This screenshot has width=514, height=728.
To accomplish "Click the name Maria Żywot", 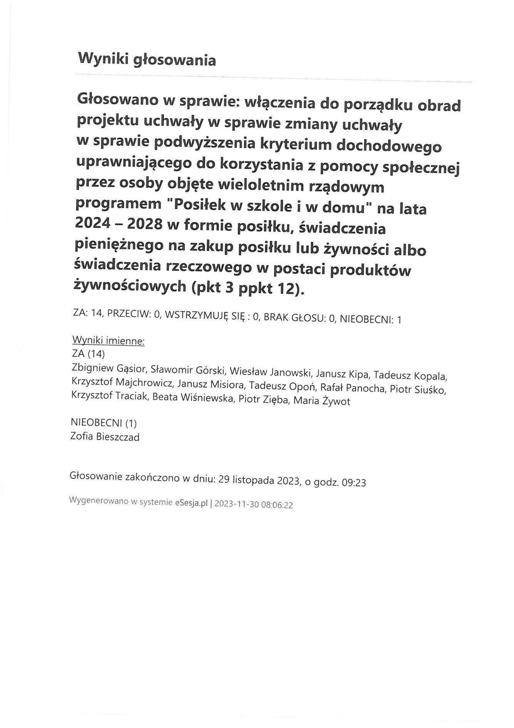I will coord(322,401).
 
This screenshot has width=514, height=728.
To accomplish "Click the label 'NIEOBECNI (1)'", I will coord(104,423).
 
